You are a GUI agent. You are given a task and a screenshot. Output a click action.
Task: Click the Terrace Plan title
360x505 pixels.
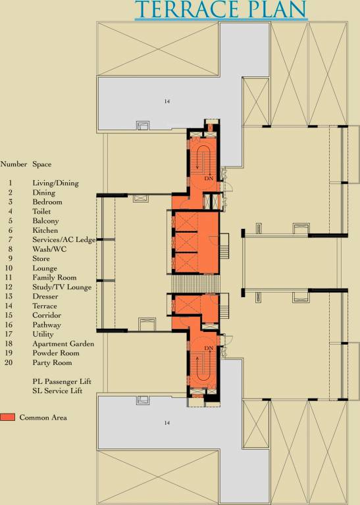(x=222, y=11)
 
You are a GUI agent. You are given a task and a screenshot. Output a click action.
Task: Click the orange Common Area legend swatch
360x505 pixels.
(x=9, y=418)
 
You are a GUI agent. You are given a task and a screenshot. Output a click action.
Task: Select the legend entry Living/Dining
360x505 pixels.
(x=56, y=183)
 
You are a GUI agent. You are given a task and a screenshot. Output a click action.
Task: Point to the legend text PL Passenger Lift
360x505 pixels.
(x=62, y=381)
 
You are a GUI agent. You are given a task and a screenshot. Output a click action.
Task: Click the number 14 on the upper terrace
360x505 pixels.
(x=167, y=101)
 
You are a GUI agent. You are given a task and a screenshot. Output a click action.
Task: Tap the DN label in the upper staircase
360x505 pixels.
(x=209, y=178)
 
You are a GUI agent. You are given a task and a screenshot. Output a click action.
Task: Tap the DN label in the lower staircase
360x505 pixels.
(x=209, y=348)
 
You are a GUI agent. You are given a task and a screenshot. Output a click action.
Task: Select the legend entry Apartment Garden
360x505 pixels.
(x=63, y=344)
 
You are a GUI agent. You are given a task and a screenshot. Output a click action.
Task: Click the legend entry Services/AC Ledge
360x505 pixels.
(x=64, y=240)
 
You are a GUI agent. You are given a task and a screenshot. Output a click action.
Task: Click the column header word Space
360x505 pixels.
(x=42, y=164)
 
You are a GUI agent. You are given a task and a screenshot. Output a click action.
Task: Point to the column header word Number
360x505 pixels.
(x=14, y=164)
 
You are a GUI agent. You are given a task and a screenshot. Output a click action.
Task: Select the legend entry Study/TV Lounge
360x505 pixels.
(x=62, y=287)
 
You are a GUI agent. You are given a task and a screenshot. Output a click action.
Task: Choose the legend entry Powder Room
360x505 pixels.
(x=55, y=353)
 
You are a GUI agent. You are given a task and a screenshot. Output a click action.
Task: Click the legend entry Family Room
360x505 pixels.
(x=54, y=277)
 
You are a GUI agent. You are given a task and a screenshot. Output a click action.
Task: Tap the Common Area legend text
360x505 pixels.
(x=43, y=418)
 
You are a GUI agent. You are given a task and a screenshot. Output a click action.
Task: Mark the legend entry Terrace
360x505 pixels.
(x=45, y=306)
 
